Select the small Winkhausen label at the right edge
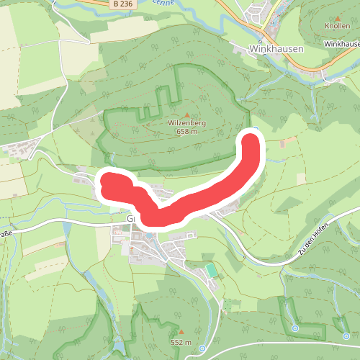click(341, 44)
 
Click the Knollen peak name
click(336, 25)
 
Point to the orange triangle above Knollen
click(336, 15)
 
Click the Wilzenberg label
click(187, 123)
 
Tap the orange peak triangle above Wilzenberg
click(187, 114)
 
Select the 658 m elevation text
click(187, 132)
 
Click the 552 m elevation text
click(181, 342)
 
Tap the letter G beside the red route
click(131, 217)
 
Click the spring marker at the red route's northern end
click(256, 130)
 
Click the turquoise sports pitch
click(210, 269)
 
